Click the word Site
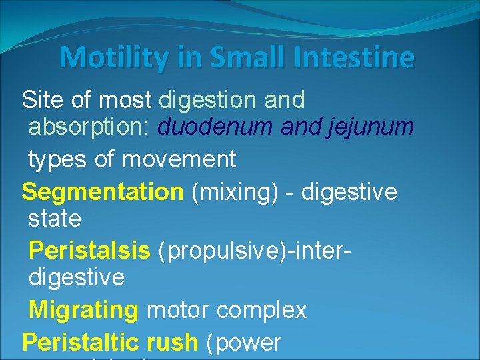tap(42, 100)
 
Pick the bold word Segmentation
tap(102, 193)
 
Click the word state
tap(55, 219)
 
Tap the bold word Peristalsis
tap(90, 251)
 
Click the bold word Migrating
tap(84, 310)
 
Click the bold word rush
tap(175, 343)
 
